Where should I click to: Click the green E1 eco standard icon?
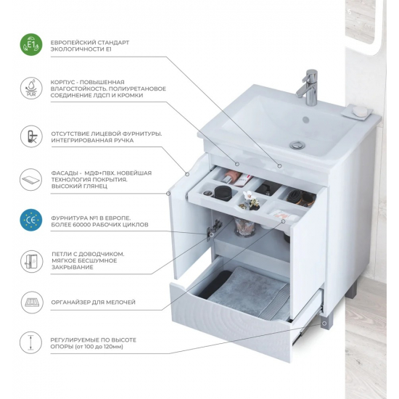click(31, 44)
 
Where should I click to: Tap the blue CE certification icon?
click(31, 220)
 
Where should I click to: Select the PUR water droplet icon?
click(31, 89)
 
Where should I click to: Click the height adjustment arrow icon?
click(31, 342)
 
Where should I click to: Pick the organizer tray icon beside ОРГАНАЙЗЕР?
click(31, 303)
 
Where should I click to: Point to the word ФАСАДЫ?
click(65, 173)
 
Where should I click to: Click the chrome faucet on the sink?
click(308, 87)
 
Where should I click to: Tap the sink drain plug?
click(297, 145)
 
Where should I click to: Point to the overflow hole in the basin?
click(305, 120)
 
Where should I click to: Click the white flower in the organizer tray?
click(247, 195)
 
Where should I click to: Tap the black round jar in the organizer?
click(223, 193)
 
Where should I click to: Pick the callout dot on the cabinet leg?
click(324, 324)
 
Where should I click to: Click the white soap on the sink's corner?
click(360, 111)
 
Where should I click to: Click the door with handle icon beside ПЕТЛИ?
click(31, 261)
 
